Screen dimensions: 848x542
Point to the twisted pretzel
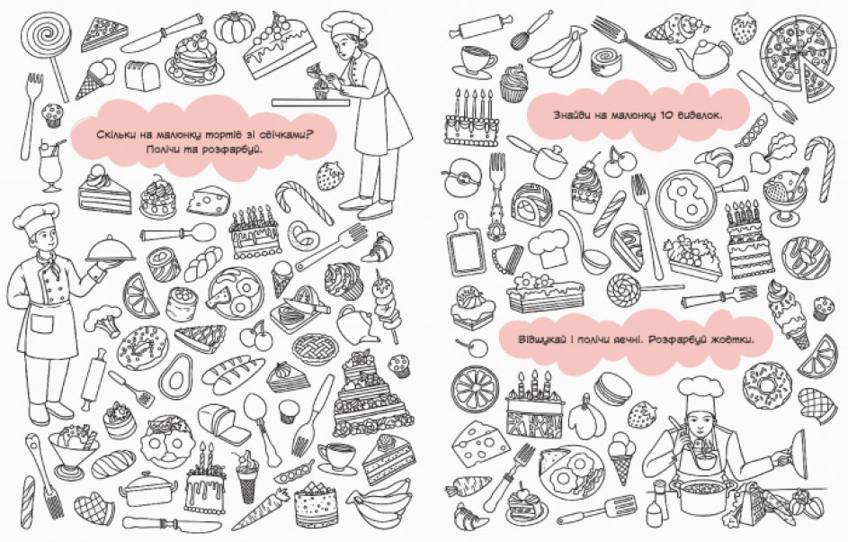point(303,234)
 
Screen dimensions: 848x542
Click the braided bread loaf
point(203,264)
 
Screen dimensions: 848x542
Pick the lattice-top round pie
point(316,348)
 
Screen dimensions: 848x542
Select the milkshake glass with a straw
point(50,165)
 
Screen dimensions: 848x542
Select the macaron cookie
point(612,389)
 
